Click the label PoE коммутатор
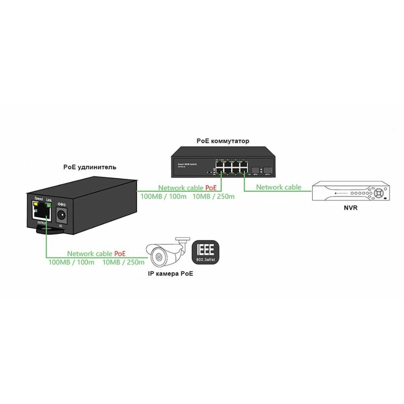223,141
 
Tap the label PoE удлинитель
90,166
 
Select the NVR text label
350,209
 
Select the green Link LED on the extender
48,205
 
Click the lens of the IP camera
158,257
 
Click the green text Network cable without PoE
278,187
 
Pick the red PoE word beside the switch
211,188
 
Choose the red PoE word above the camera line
120,254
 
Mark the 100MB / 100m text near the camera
71,263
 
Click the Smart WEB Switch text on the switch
188,164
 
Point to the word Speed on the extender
39,198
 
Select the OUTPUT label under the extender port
41,223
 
